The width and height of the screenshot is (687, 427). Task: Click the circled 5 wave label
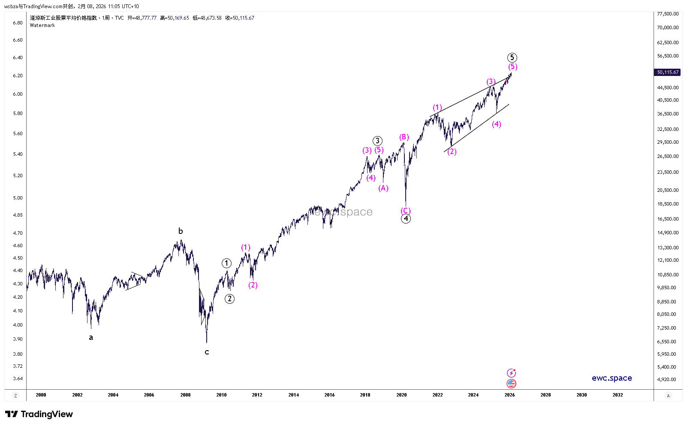tap(512, 58)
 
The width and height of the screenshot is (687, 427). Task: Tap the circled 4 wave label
tap(406, 219)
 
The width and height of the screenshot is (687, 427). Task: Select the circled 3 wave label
tap(377, 141)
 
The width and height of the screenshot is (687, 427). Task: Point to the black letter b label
tap(181, 231)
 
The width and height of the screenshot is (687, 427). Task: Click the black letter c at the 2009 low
tap(207, 352)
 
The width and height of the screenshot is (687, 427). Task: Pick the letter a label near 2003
tap(91, 338)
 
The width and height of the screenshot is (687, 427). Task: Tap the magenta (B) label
tap(404, 137)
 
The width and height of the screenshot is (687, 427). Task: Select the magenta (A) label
tap(383, 188)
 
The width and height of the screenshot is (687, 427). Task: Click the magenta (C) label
tap(406, 211)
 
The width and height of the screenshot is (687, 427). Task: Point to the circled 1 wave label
tap(226, 263)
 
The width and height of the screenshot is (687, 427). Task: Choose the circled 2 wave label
tap(230, 299)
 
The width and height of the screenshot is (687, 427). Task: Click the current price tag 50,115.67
tap(668, 73)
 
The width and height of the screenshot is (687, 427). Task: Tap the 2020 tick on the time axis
tap(401, 395)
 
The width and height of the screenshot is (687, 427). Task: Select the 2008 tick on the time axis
tap(185, 395)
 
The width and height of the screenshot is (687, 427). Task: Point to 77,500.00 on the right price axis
tap(668, 14)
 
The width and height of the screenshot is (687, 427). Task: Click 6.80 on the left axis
tap(18, 23)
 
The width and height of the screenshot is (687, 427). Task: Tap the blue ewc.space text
tap(612, 378)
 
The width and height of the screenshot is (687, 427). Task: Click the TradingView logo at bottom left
tap(39, 414)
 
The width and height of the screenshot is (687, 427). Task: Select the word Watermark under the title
tap(42, 25)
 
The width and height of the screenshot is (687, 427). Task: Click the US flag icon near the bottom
tap(511, 384)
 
